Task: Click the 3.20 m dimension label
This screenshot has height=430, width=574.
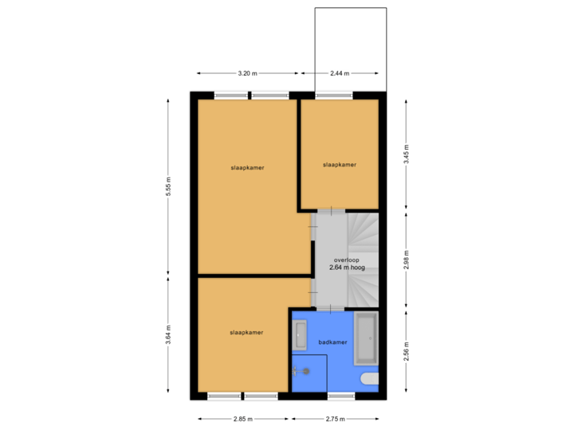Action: (x=248, y=73)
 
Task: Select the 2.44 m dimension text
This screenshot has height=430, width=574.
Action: (x=339, y=73)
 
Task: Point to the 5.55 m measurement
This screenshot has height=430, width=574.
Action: (x=167, y=187)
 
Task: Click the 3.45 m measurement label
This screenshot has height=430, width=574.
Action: (x=407, y=154)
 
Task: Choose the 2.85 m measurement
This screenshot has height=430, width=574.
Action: (x=243, y=419)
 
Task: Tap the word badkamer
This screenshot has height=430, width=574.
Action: (x=332, y=342)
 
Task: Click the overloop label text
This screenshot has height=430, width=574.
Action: (x=347, y=260)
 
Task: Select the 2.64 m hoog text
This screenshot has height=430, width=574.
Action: (x=347, y=268)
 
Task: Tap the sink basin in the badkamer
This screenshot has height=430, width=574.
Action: (x=301, y=335)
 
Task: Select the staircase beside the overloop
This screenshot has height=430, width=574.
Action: (x=364, y=259)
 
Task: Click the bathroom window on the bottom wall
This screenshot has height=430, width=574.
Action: (x=342, y=396)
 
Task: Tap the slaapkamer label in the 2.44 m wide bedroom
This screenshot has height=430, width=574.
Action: (x=339, y=165)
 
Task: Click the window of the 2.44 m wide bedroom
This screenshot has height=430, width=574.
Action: (x=332, y=96)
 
